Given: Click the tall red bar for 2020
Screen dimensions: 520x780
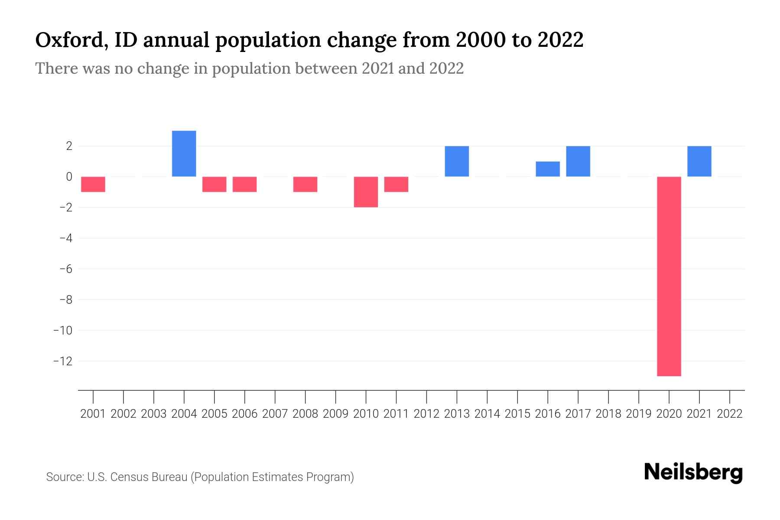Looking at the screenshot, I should [x=669, y=276].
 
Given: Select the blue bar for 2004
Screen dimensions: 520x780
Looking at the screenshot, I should [x=184, y=153].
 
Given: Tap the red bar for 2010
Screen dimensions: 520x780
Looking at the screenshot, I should [x=366, y=192].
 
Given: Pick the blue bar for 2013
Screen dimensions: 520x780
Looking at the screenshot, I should [x=457, y=161].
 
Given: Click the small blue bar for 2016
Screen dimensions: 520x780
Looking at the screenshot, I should [x=548, y=169].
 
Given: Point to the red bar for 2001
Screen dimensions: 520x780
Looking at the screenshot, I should [x=93, y=184].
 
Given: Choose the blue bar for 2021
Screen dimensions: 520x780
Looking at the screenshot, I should [x=699, y=161].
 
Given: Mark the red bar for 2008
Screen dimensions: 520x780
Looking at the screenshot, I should [x=305, y=184].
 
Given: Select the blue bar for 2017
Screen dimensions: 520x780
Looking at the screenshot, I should [x=578, y=161].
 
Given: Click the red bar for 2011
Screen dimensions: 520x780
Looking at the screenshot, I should [x=396, y=184].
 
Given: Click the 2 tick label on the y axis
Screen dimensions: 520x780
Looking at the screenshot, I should [x=68, y=146].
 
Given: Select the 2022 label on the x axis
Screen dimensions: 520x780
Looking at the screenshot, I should [x=730, y=414].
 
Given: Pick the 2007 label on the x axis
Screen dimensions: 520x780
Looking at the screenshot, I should [x=275, y=414].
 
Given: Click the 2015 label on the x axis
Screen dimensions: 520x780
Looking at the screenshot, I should [x=517, y=414].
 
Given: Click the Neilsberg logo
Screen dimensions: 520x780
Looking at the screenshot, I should [x=693, y=472].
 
